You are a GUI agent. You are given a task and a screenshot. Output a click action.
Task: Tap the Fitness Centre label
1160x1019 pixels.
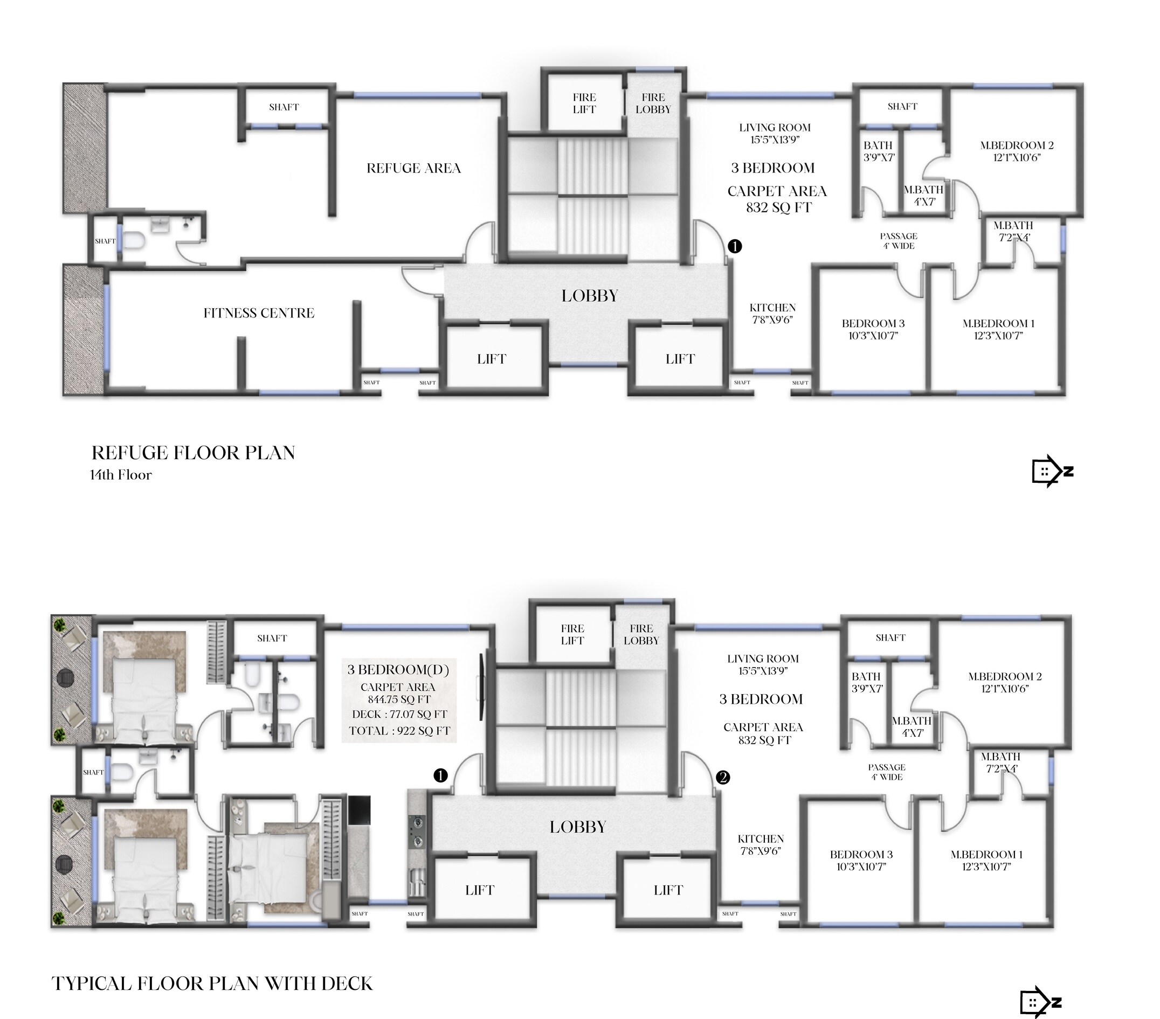pyautogui.click(x=259, y=313)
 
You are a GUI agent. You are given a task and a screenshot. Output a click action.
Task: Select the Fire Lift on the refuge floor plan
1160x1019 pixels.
pyautogui.click(x=584, y=103)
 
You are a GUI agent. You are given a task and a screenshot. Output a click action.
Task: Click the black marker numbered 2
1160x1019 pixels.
pyautogui.click(x=722, y=777)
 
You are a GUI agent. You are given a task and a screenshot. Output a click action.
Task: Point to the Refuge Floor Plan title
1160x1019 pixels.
pyautogui.click(x=193, y=453)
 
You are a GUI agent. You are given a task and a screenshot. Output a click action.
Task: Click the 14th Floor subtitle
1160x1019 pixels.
pyautogui.click(x=120, y=475)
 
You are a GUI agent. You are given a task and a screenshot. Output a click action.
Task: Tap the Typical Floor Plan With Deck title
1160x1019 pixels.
pyautogui.click(x=212, y=983)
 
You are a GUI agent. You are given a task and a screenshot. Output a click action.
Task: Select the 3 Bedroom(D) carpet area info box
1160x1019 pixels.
pyautogui.click(x=399, y=701)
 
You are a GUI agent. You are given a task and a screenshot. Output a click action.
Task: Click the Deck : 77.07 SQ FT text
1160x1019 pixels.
pyautogui.click(x=399, y=715)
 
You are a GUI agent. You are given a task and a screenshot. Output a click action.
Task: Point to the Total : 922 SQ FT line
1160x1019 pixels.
pyautogui.click(x=399, y=731)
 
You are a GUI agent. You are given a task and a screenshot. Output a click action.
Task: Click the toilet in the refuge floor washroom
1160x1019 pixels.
pyautogui.click(x=133, y=241)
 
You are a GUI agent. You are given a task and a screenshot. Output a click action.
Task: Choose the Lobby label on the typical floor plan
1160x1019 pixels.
pyautogui.click(x=578, y=827)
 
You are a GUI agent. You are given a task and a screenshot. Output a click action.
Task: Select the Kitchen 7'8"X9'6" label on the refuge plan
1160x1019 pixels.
pyautogui.click(x=772, y=314)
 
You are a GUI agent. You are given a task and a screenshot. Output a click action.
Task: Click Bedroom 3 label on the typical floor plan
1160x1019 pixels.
pyautogui.click(x=861, y=861)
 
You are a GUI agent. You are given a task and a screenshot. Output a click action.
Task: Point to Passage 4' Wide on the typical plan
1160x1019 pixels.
pyautogui.click(x=887, y=772)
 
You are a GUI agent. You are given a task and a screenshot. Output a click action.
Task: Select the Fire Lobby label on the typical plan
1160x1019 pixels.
pyautogui.click(x=641, y=634)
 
